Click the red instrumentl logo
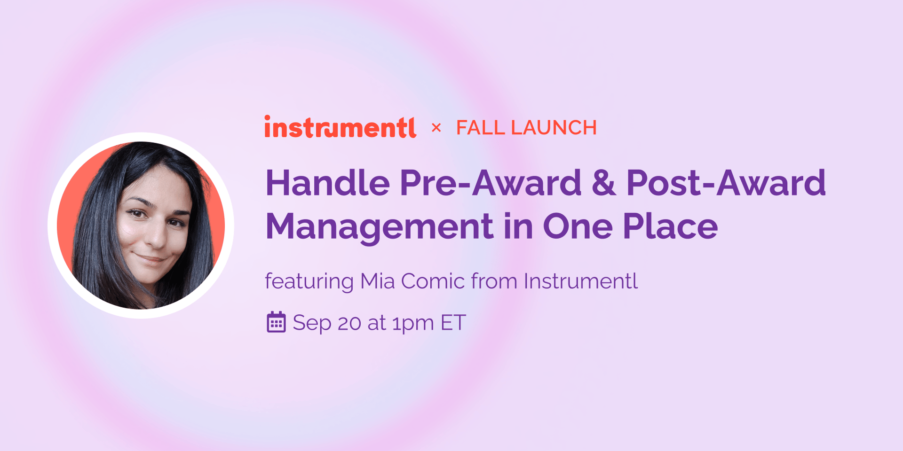[340, 127]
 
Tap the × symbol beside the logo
[436, 127]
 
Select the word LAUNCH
[554, 128]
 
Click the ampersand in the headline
[604, 183]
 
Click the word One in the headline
[578, 226]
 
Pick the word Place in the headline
[671, 226]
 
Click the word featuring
[309, 282]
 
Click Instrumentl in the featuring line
[581, 281]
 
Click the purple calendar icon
[276, 322]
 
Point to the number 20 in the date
[349, 323]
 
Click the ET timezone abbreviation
[453, 323]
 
